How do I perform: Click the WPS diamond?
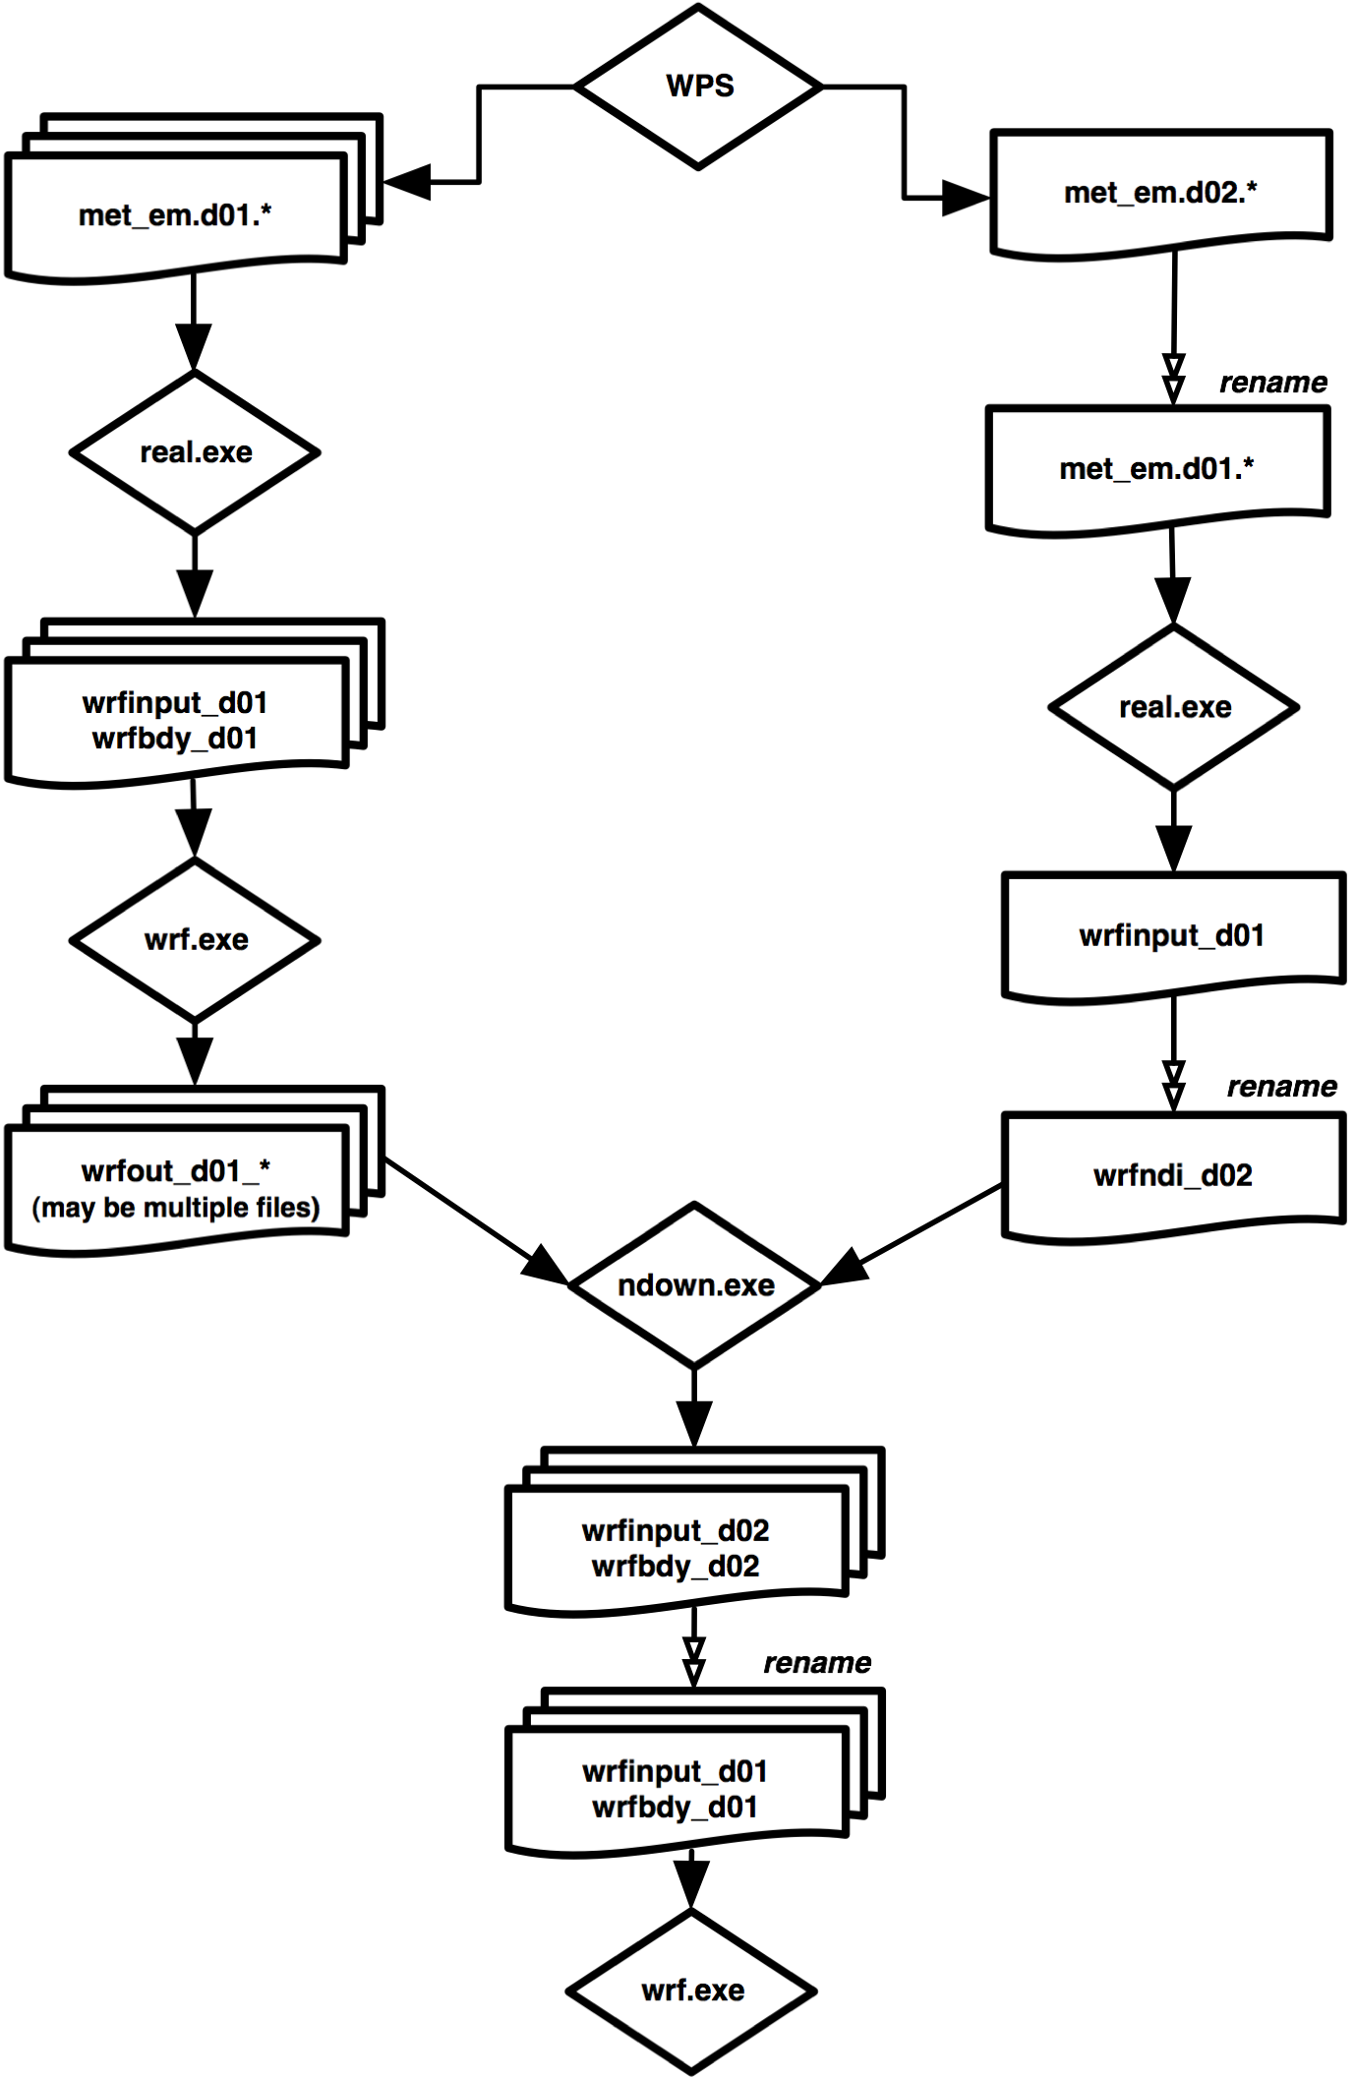[698, 87]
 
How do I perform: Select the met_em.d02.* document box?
[1160, 193]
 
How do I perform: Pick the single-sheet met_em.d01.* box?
[1156, 468]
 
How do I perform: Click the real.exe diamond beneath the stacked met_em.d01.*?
[195, 452]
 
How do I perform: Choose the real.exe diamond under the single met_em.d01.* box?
[1173, 707]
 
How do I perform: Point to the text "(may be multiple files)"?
[176, 1208]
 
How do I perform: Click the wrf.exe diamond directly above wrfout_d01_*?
[195, 940]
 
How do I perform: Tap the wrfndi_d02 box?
[1172, 1175]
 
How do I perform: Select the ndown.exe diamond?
[694, 1285]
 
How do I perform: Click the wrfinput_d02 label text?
[676, 1530]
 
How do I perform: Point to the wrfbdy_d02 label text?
[676, 1566]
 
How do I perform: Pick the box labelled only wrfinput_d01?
[1172, 935]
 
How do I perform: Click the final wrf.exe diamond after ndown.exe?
[691, 1990]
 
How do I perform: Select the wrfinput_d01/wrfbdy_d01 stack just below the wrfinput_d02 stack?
[676, 1788]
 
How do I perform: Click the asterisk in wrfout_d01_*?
[264, 1166]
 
